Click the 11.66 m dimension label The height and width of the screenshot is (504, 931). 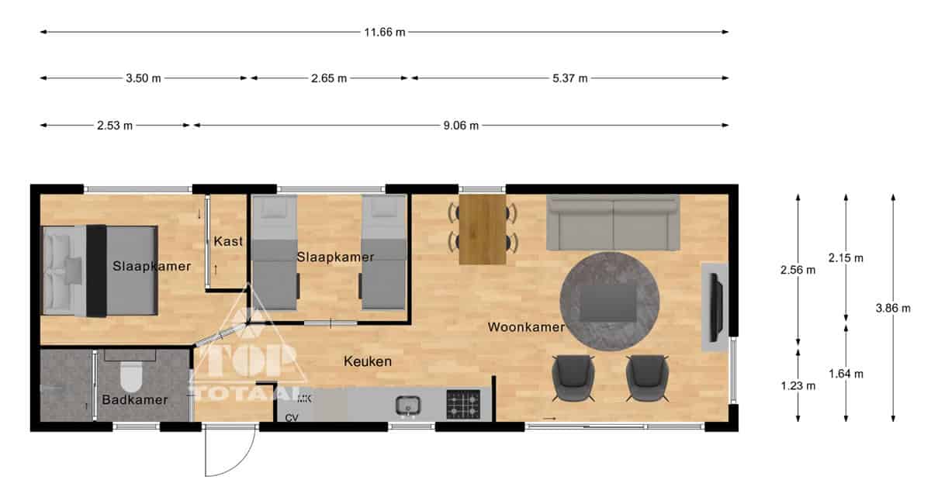(x=385, y=33)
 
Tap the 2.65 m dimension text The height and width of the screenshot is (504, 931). (x=329, y=78)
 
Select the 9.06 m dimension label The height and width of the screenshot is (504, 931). (x=461, y=126)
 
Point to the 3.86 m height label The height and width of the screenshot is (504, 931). (x=893, y=309)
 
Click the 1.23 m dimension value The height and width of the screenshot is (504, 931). (x=798, y=386)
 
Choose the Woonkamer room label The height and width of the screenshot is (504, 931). (x=526, y=327)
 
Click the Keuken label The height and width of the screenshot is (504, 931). (x=368, y=361)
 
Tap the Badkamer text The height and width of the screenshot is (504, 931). (x=135, y=399)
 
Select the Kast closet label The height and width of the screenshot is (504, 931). (x=228, y=241)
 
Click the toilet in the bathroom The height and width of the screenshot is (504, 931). (x=131, y=375)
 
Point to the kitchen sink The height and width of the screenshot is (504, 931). (x=408, y=406)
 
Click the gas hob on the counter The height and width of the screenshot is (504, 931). (x=463, y=404)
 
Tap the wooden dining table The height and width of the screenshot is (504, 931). (x=483, y=229)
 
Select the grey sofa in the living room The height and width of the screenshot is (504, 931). (x=613, y=223)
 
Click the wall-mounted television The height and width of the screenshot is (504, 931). (x=716, y=308)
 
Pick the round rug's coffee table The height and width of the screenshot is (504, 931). (x=609, y=303)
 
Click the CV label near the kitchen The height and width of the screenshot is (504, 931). (x=292, y=418)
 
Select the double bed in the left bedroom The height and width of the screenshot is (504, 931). (x=100, y=271)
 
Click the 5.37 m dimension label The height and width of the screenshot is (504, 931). (x=569, y=78)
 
